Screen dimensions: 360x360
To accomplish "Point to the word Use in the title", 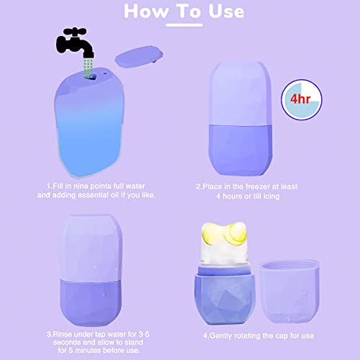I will (220, 12).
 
